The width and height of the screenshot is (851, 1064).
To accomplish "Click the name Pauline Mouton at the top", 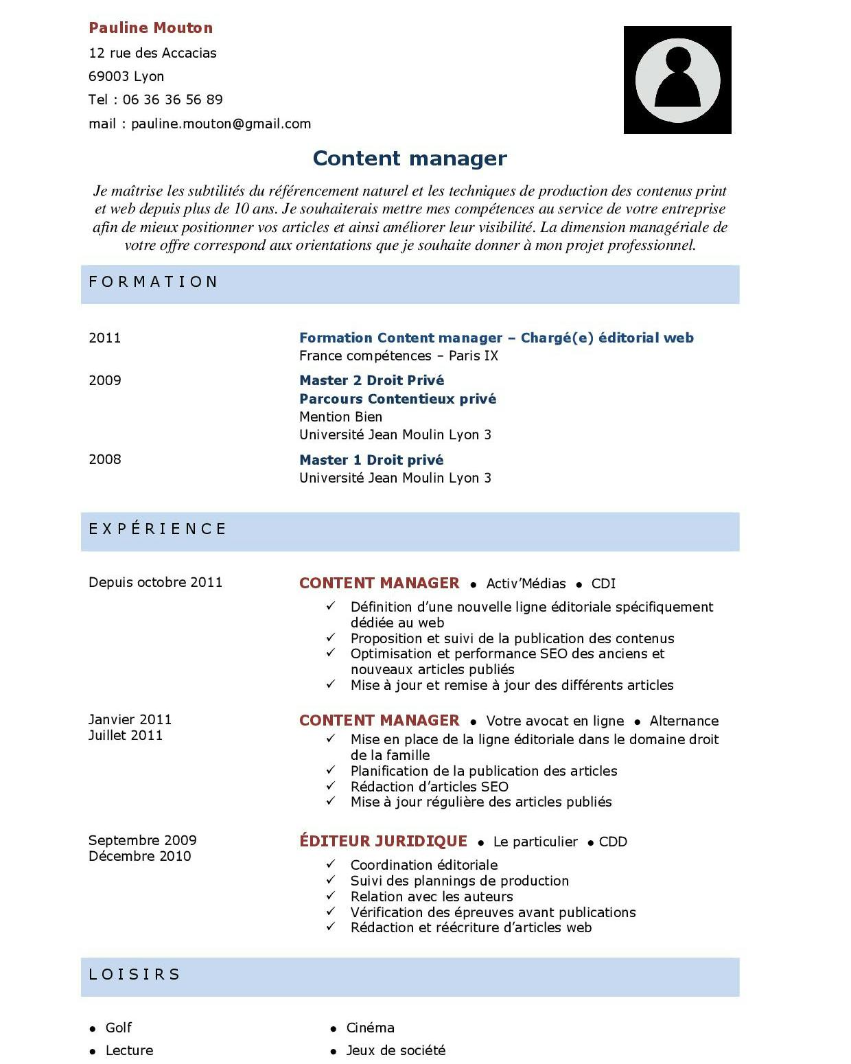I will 150,28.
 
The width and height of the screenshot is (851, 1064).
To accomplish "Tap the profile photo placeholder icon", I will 677,80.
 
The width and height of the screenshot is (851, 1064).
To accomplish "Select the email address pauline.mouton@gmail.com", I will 221,124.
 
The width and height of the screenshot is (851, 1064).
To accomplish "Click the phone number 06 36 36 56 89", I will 172,100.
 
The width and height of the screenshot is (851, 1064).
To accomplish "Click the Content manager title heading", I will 410,159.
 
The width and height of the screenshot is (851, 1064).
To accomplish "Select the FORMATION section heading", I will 153,282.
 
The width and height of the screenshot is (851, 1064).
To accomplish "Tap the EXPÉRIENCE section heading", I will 158,529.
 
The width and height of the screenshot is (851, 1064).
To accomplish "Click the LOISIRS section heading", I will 135,975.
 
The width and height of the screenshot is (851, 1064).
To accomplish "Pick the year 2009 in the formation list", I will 104,381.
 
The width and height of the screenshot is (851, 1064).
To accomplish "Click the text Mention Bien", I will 340,417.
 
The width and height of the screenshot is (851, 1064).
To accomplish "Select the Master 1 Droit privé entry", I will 371,460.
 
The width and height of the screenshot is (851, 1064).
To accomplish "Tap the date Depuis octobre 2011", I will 155,583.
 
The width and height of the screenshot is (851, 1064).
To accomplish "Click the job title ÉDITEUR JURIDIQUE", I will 383,842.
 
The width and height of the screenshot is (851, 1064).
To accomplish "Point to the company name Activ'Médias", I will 526,584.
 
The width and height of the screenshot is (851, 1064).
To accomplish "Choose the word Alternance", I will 684,721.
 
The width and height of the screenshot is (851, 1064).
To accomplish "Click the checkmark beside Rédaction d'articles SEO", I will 331,785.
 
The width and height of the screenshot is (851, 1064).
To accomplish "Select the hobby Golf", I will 118,1028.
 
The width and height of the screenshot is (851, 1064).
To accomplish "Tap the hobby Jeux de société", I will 395,1050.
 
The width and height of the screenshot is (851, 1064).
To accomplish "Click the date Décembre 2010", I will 139,856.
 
